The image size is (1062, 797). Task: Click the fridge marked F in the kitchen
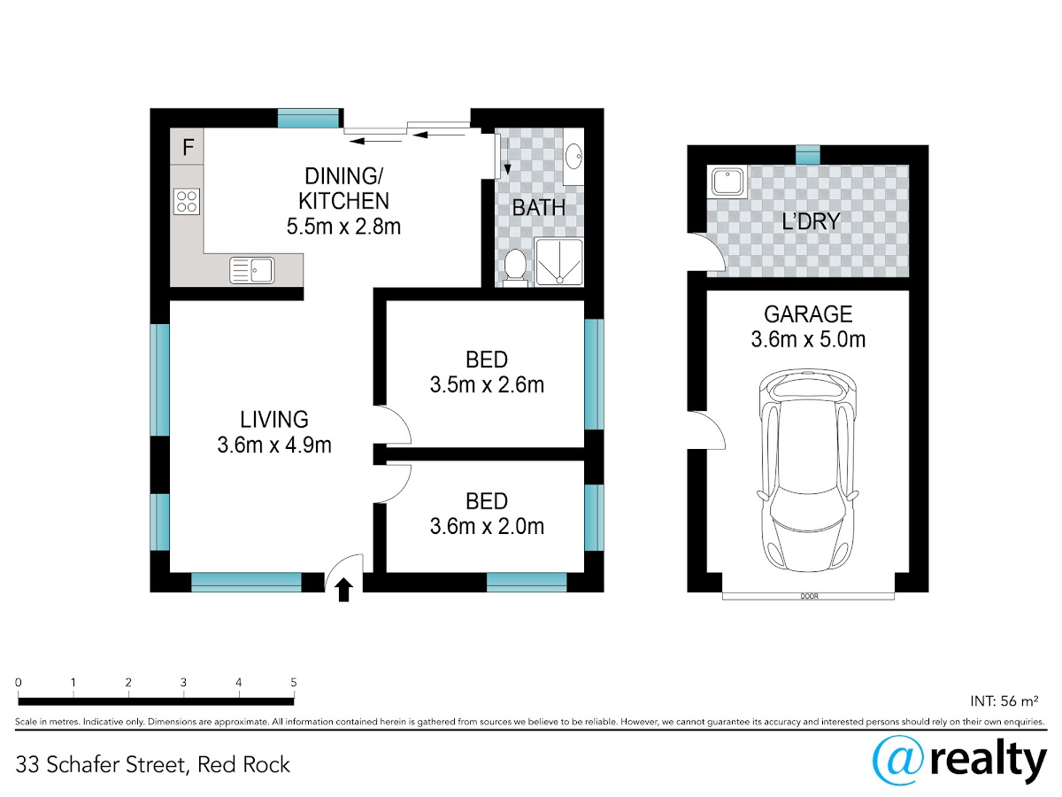pos(187,146)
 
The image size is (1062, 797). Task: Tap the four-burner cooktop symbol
pos(187,202)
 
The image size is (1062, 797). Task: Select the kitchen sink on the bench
pos(251,270)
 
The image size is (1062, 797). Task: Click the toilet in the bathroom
pos(515,267)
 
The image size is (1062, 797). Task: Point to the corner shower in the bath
pos(558,262)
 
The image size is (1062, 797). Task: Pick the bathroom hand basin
pos(573,157)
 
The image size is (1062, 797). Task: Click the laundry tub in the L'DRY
pos(727,182)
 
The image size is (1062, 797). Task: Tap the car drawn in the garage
pos(807,470)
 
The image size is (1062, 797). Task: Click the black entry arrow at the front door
pos(343,590)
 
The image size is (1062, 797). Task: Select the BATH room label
pos(538,207)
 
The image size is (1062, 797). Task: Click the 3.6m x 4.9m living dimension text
pos(274,445)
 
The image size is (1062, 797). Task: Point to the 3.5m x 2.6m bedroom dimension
pos(487,384)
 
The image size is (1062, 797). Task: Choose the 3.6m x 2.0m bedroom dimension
pos(487,526)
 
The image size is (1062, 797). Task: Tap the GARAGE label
pos(808,314)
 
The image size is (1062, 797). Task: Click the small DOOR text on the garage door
pos(809,596)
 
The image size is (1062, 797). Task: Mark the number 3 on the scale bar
pos(183,682)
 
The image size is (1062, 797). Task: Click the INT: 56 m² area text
pos(1004,700)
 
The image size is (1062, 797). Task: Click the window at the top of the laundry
pos(807,155)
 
